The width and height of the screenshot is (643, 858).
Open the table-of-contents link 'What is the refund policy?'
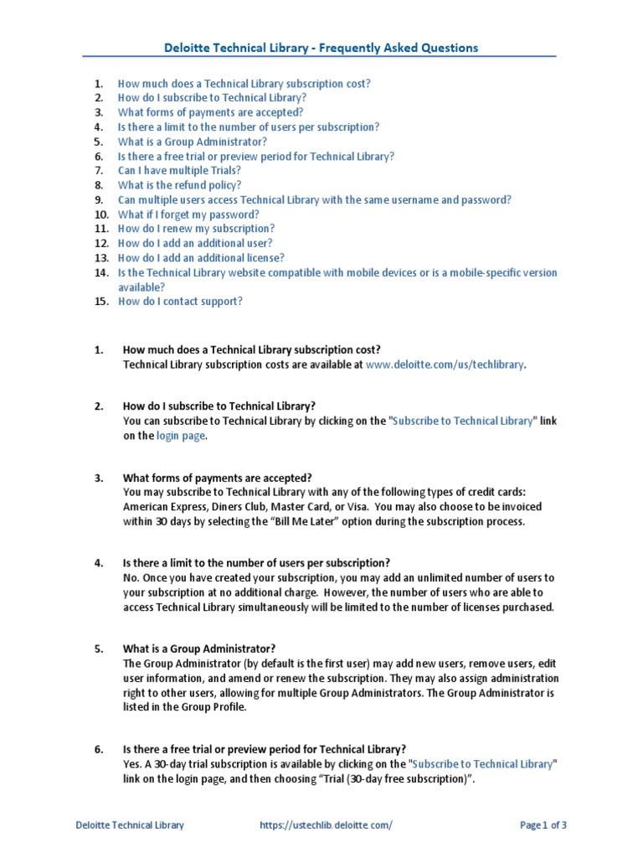pyautogui.click(x=179, y=185)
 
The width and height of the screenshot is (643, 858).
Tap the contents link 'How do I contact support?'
pyautogui.click(x=180, y=302)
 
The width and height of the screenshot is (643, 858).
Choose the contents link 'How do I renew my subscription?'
pyautogui.click(x=196, y=229)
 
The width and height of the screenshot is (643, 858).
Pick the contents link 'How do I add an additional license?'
pyautogui.click(x=201, y=258)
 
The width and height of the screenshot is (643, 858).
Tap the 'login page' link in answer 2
pyautogui.click(x=180, y=436)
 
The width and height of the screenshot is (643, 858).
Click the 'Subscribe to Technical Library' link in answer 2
pyautogui.click(x=462, y=421)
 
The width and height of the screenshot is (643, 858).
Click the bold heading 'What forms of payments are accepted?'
pyautogui.click(x=218, y=478)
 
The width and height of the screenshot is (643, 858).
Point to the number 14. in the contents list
pyautogui.click(x=101, y=273)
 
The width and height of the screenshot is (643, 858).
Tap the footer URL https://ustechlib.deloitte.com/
pyautogui.click(x=326, y=825)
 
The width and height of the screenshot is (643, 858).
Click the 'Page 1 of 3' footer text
pyautogui.click(x=543, y=825)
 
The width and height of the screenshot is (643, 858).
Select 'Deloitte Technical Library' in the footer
pyautogui.click(x=130, y=825)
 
